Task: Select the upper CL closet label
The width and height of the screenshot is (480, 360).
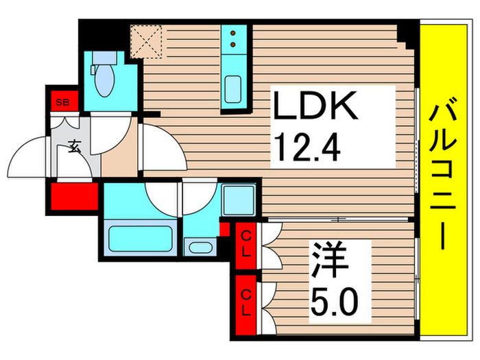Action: [x=244, y=243]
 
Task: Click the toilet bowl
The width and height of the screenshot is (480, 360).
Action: [x=105, y=82]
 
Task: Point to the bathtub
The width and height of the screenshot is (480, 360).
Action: [x=140, y=237]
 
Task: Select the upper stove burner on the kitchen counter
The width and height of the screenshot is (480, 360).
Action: [x=233, y=33]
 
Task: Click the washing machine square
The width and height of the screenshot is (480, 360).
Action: [x=238, y=201]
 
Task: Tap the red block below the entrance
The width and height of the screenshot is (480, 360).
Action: [x=74, y=196]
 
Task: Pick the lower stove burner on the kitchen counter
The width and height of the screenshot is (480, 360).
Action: [x=233, y=45]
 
